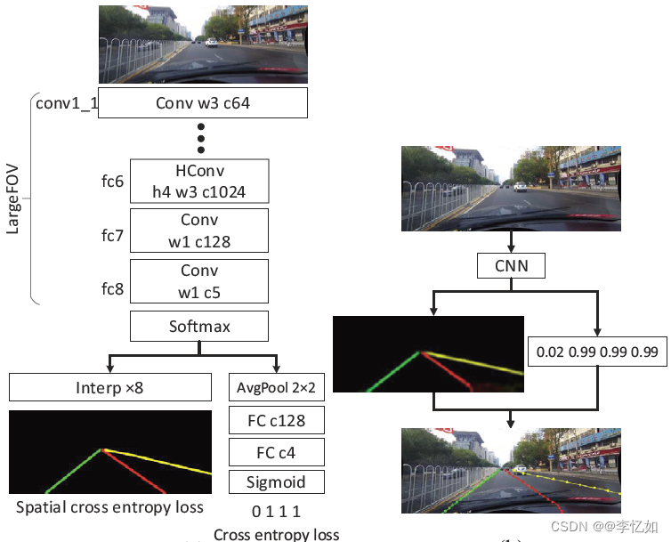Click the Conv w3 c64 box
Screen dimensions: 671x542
pos(203,102)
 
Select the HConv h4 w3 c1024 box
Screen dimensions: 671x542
pos(199,181)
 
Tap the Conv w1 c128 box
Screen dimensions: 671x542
pos(199,231)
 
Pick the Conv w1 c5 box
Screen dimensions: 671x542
pos(199,281)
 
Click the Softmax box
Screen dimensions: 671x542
pos(199,327)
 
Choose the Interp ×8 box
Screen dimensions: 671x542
pos(110,387)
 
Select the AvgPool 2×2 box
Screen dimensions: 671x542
pos(277,387)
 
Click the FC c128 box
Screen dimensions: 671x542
pos(277,420)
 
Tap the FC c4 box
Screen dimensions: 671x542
pos(277,452)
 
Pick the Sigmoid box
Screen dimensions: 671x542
pos(277,482)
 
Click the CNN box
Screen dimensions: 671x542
pos(511,265)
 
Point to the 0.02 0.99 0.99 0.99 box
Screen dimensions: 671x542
pos(596,352)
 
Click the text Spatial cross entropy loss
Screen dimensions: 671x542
pos(109,508)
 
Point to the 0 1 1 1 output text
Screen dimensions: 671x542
pos(277,512)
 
